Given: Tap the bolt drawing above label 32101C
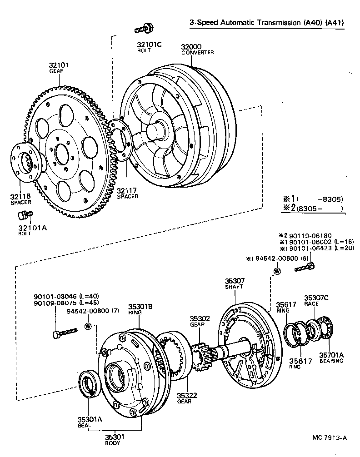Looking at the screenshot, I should click(x=143, y=29).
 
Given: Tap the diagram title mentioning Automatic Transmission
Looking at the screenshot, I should click(x=266, y=22).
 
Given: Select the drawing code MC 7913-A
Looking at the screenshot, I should click(x=329, y=438).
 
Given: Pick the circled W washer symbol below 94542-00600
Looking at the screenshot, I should click(x=277, y=271).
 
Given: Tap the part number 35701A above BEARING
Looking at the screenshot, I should click(x=331, y=355).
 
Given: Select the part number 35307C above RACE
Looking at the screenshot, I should click(x=316, y=298).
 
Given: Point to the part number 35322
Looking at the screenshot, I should click(x=187, y=396).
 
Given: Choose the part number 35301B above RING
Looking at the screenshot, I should click(x=140, y=306).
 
